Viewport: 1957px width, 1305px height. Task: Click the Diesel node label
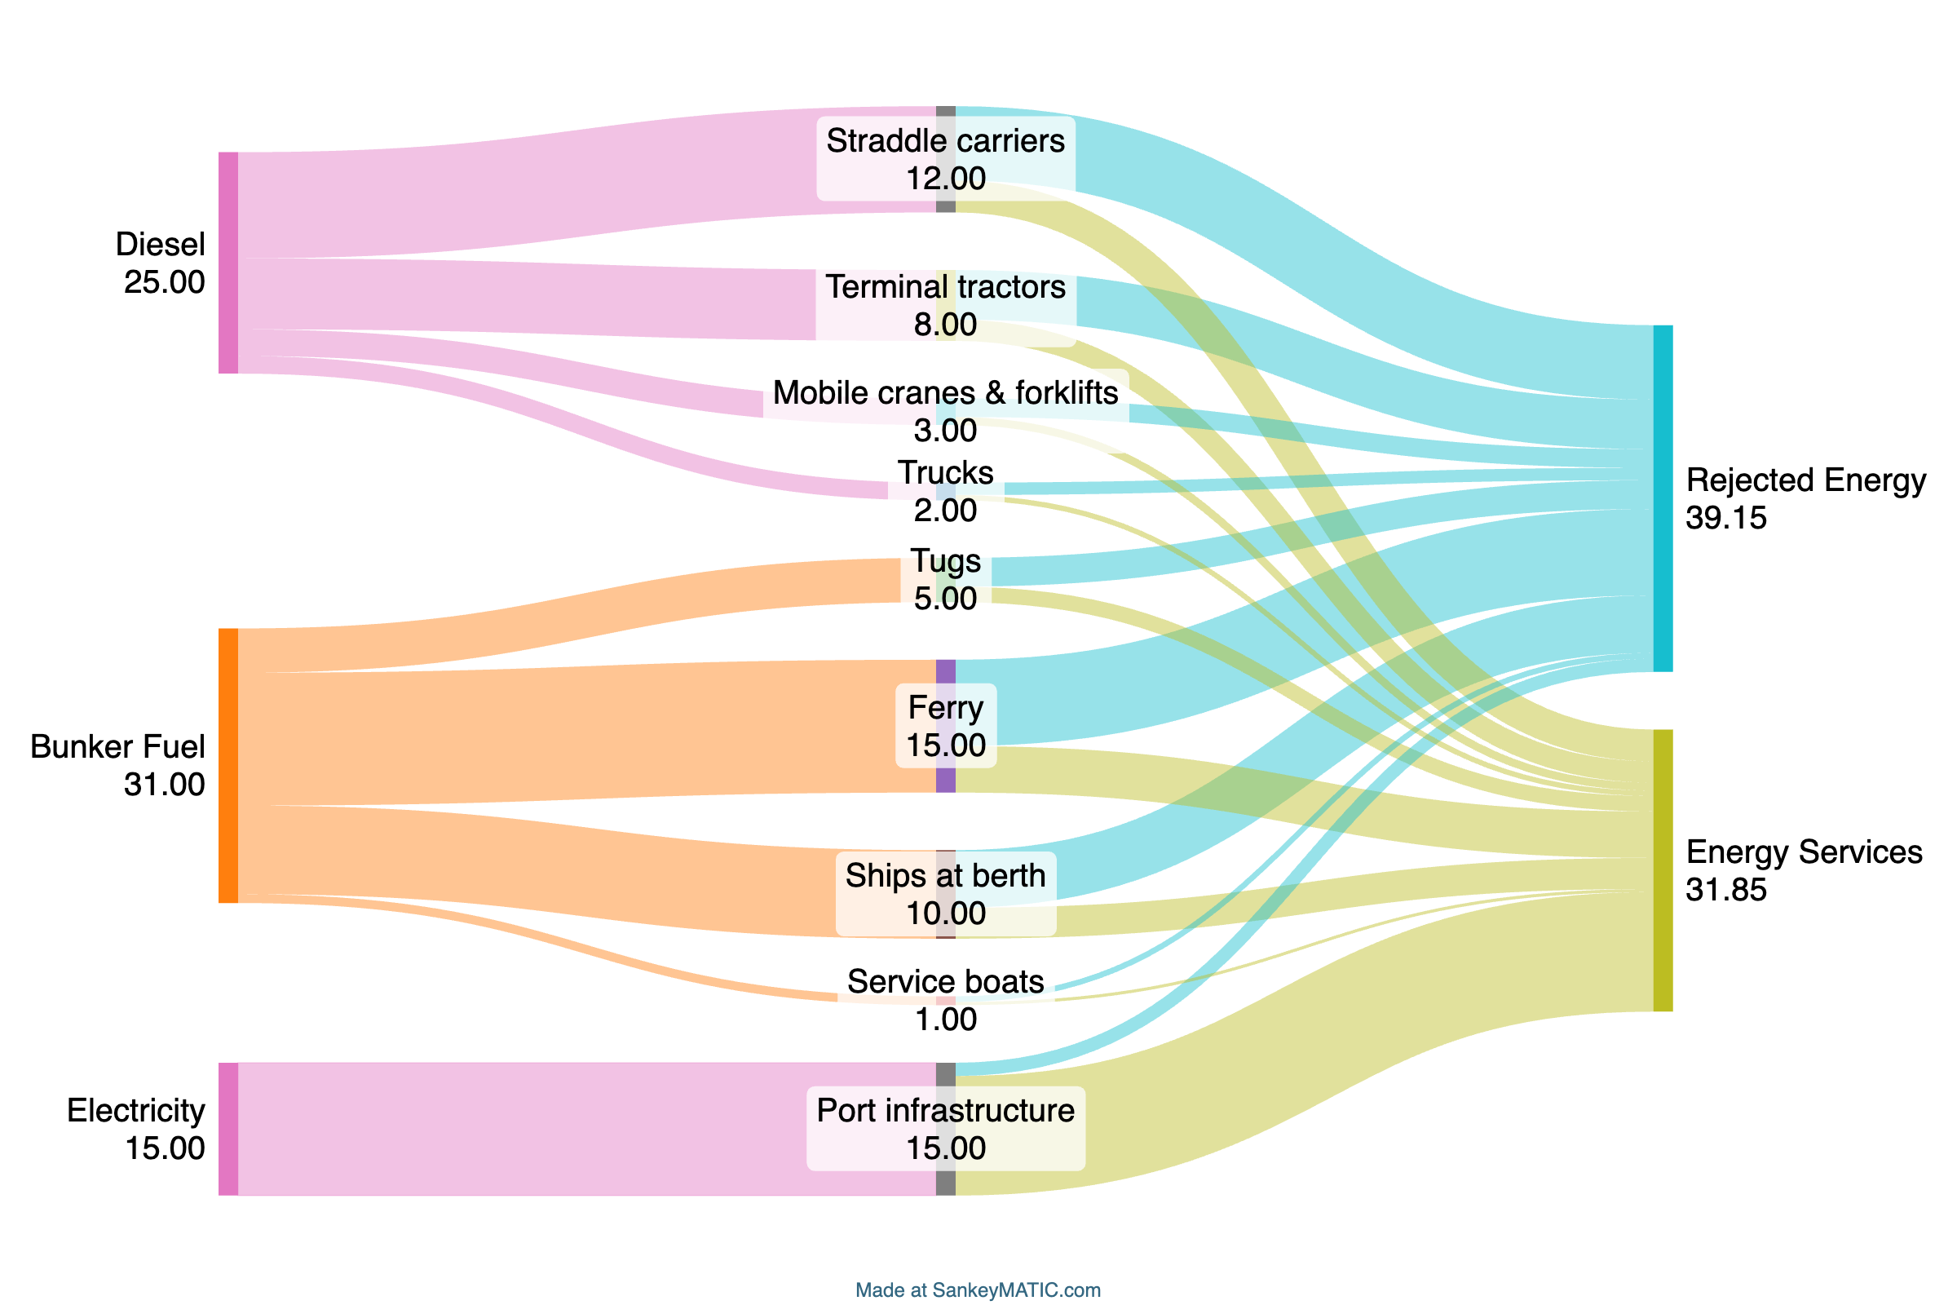point(160,245)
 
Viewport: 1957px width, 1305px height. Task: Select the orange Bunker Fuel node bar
point(228,765)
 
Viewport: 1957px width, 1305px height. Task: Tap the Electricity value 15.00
point(165,1148)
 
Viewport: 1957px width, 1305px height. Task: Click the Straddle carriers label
point(945,140)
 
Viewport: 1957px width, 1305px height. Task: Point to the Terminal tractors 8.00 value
point(945,325)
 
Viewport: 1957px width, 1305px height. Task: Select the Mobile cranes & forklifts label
point(945,393)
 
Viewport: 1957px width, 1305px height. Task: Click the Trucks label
point(945,473)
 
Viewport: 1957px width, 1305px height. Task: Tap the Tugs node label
point(945,561)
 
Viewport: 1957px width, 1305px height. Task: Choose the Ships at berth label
point(945,875)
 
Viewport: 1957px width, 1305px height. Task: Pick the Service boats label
point(945,982)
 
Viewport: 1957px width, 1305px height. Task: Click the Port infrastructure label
point(945,1110)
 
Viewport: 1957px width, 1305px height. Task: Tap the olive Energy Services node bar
point(1663,870)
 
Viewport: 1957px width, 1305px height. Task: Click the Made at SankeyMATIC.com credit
point(978,1290)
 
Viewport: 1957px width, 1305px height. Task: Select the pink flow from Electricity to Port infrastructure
point(582,1129)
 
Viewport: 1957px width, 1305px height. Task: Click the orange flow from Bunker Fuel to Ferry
point(582,732)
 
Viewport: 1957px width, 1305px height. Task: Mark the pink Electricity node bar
point(228,1129)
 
